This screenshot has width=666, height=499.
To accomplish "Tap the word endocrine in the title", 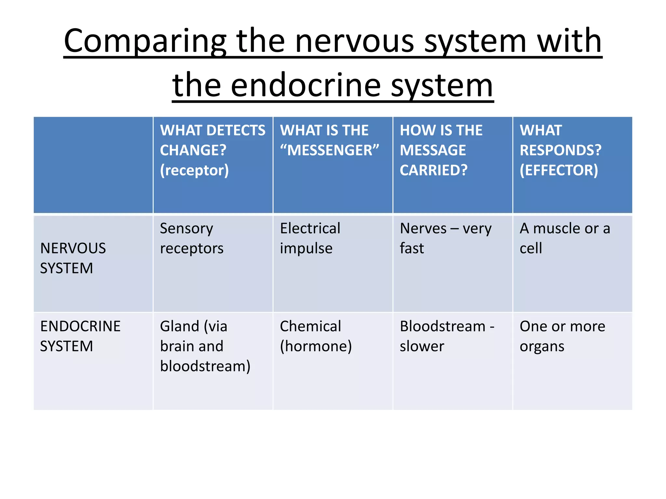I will tap(305, 85).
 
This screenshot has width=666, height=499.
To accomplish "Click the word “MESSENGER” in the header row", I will tap(329, 150).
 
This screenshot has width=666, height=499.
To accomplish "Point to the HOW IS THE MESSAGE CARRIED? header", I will tap(441, 150).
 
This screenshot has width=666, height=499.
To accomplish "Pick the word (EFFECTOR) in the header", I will tap(559, 170).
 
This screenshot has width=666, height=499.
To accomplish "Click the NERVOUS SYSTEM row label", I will tap(73, 258).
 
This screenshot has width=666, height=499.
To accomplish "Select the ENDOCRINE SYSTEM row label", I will tap(80, 336).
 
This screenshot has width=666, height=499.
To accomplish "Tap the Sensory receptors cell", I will tap(191, 238).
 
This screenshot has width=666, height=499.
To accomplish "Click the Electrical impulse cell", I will tap(310, 238).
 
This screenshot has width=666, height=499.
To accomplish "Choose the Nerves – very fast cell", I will tap(445, 238).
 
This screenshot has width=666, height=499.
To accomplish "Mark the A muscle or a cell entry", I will tap(564, 238).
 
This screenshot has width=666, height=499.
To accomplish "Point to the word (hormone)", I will tap(316, 346).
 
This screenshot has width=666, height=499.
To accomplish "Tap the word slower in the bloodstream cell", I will tap(421, 346).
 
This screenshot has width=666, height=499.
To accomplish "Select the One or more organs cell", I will tap(562, 336).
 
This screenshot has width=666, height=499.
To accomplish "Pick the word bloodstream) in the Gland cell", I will tap(205, 366).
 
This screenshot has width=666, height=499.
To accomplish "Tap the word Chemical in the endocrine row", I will tap(310, 326).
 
